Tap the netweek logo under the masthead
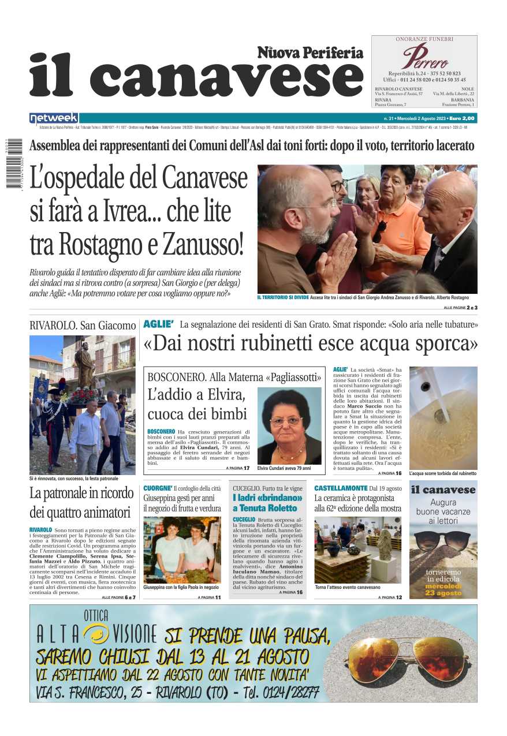pyautogui.click(x=54, y=118)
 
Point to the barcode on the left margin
pyautogui.click(x=14, y=163)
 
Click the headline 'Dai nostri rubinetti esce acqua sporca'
pyautogui.click(x=311, y=343)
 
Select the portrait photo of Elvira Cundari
pyautogui.click(x=289, y=425)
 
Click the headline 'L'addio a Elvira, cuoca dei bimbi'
pyautogui.click(x=197, y=405)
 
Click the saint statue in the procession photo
pyautogui.click(x=85, y=365)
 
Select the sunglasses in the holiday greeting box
pyautogui.click(x=443, y=541)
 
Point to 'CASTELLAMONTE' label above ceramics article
pyautogui.click(x=341, y=488)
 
